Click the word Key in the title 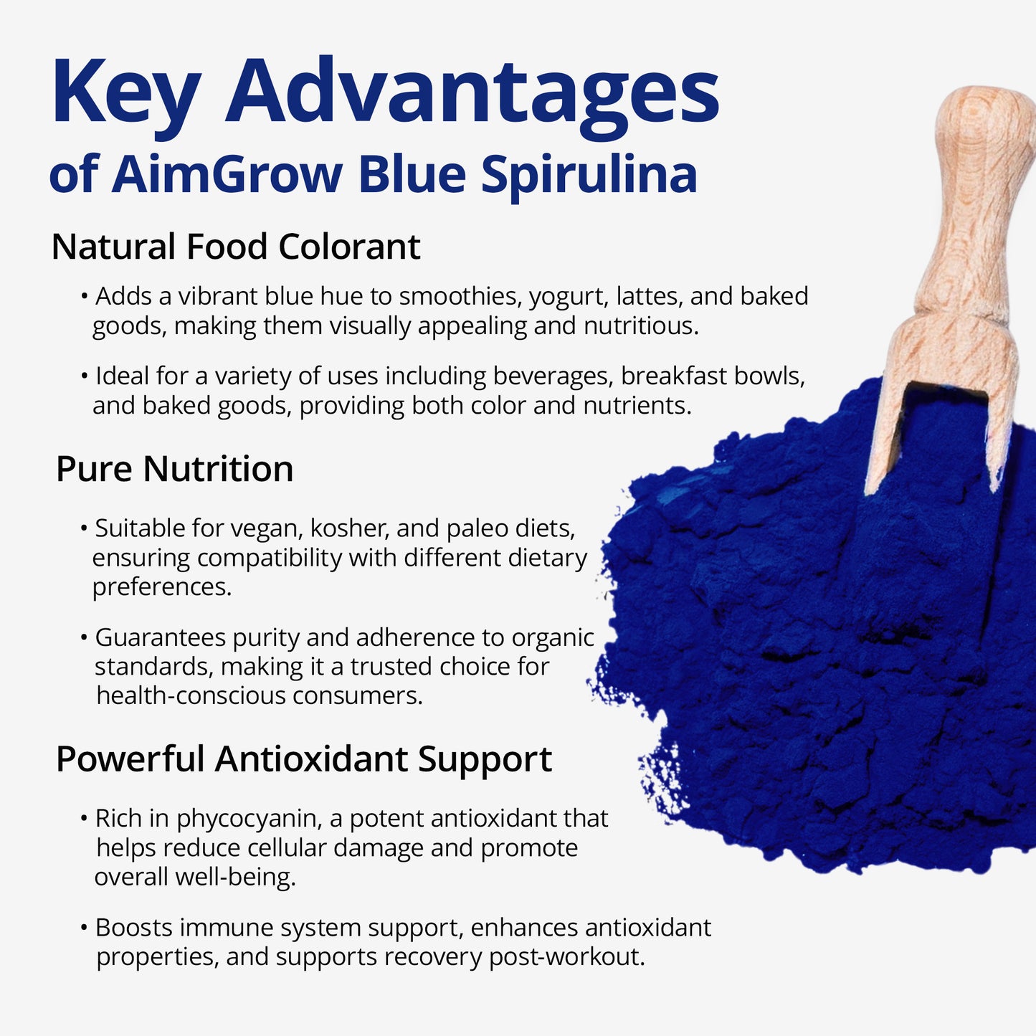tap(125, 93)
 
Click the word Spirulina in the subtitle tap(589, 174)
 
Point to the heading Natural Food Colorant tap(235, 247)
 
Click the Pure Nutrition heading tap(174, 470)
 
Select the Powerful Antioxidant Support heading tap(303, 759)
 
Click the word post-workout tap(566, 957)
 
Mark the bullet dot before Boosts tap(84, 928)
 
